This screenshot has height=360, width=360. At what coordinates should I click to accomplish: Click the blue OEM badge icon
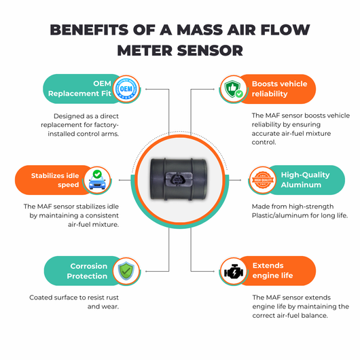click(126, 89)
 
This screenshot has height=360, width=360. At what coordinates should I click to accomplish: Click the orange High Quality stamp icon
click(263, 180)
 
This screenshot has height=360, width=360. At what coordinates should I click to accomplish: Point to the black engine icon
click(234, 272)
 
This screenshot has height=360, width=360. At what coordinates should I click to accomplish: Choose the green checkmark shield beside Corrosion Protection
click(126, 271)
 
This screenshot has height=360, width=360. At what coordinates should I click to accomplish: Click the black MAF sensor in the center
click(179, 179)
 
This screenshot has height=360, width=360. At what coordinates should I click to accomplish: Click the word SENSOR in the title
click(210, 50)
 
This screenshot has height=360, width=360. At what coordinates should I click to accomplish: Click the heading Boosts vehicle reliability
click(279, 89)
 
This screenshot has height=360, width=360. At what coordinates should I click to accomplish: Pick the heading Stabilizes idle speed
click(55, 180)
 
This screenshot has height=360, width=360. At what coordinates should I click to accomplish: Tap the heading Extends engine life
click(272, 270)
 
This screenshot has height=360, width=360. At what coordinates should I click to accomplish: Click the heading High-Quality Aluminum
click(306, 180)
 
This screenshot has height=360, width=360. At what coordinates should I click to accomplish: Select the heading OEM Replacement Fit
click(79, 88)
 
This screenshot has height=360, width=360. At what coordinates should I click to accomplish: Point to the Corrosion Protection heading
click(87, 271)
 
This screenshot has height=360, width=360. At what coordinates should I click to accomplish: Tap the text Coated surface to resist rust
click(74, 298)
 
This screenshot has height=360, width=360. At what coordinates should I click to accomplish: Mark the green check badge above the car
click(97, 174)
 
